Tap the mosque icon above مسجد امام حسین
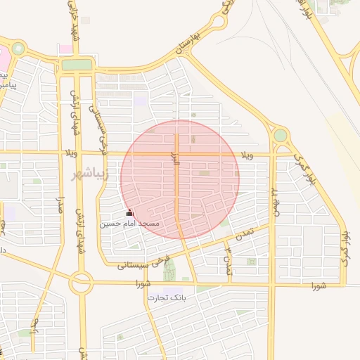point(129,212)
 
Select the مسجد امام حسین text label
point(129,223)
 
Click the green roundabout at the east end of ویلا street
point(280,135)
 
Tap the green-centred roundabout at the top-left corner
point(18,49)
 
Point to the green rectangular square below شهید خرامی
point(77,65)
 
